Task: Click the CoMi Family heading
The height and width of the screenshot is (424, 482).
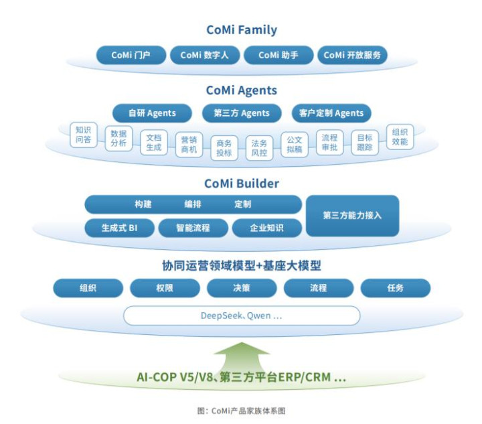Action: pos(242,30)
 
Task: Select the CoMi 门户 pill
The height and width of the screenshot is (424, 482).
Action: pos(131,55)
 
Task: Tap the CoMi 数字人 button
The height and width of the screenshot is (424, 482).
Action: pos(205,55)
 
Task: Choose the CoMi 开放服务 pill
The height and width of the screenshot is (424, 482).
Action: pos(352,55)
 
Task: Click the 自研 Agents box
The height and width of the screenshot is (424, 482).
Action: pos(152,113)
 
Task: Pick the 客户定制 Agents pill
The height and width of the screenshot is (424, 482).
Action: pos(331,113)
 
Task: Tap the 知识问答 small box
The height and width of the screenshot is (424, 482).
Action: pos(84,135)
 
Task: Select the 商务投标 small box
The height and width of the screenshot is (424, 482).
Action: pos(224,148)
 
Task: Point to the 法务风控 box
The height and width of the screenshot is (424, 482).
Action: pos(260,148)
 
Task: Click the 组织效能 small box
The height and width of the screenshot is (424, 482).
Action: pos(400,137)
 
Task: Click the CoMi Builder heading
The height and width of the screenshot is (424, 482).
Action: pos(242,184)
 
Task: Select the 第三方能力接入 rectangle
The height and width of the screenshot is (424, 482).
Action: pos(353,216)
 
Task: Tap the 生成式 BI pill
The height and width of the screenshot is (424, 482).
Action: pos(120,228)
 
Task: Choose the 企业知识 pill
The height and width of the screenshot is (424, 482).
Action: pos(267,228)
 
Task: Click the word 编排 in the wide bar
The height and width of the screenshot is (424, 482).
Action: pos(193,204)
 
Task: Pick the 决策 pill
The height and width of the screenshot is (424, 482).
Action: pos(242,288)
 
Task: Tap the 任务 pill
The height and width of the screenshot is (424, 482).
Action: pos(396,288)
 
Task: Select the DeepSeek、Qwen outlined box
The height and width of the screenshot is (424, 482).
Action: pos(242,315)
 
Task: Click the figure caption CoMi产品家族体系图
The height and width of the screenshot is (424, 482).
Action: pos(242,411)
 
